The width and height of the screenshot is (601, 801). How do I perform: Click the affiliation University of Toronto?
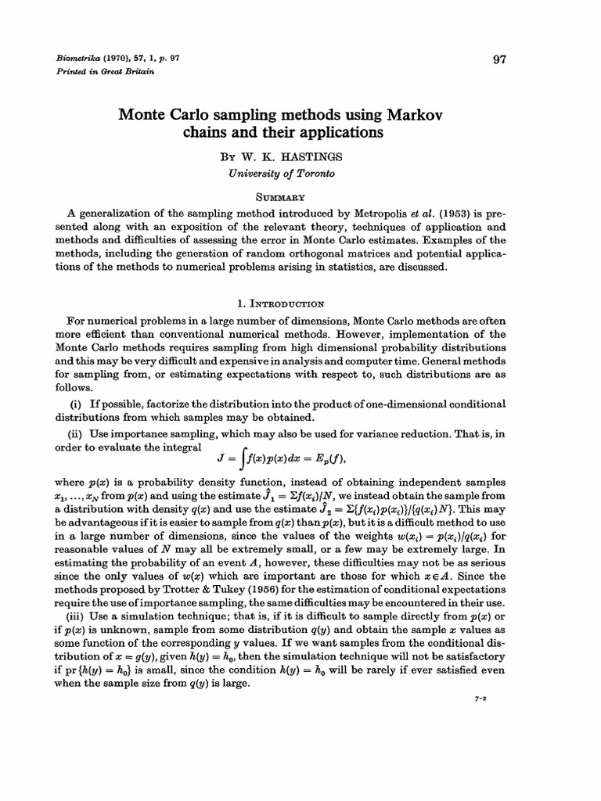point(290,173)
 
